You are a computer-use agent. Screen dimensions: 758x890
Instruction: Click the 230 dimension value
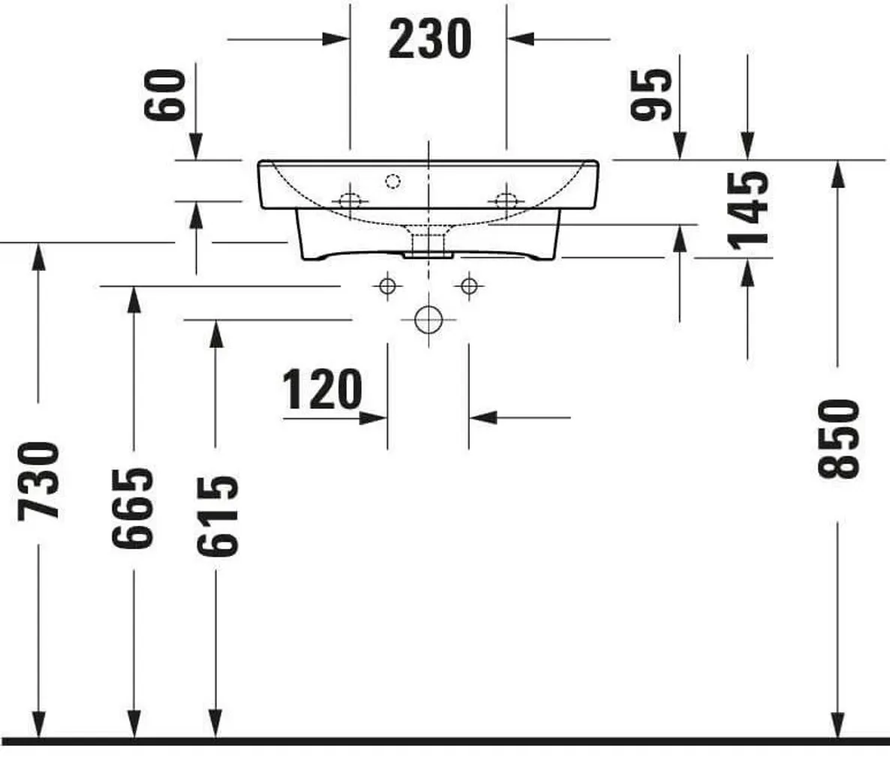429,39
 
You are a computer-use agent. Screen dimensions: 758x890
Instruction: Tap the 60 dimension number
164,95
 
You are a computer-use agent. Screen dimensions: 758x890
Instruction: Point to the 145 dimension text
749,210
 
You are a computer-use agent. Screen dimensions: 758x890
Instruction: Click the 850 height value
837,439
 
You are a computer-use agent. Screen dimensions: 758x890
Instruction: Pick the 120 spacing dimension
322,390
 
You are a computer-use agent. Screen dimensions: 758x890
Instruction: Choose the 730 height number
38,480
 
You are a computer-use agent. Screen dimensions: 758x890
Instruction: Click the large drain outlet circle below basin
428,320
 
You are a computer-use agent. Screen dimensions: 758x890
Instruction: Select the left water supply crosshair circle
387,286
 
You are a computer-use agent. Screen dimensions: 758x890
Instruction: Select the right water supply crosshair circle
469,286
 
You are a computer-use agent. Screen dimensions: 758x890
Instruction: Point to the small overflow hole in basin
392,181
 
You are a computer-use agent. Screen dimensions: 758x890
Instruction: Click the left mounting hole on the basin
349,201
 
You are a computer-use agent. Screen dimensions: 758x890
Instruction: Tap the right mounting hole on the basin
507,201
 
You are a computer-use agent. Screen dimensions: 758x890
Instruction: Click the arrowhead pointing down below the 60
195,146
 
